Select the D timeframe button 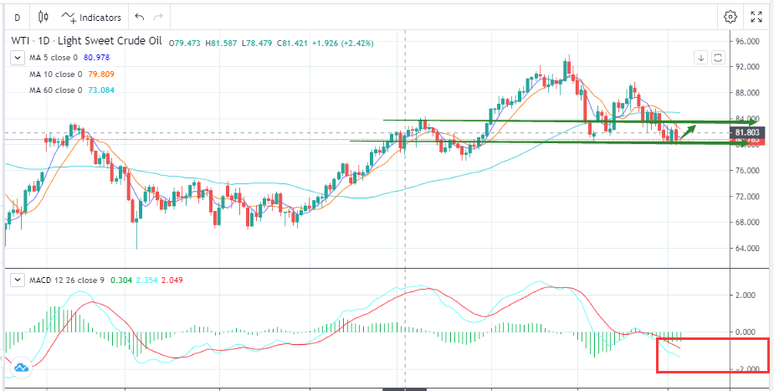point(17,18)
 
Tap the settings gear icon point(730,17)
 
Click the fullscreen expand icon point(757,17)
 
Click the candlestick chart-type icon point(46,18)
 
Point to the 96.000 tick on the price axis point(747,41)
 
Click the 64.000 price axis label point(747,249)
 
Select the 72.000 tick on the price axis point(747,197)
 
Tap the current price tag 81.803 point(747,132)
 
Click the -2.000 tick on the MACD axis point(747,369)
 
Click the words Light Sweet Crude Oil point(112,41)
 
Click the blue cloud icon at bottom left point(21,367)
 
